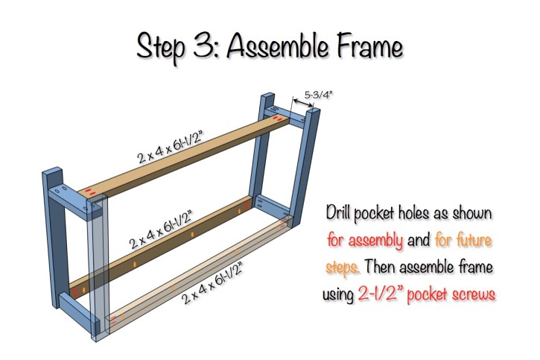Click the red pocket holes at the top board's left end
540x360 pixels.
92,193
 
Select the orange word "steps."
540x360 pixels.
343,267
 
